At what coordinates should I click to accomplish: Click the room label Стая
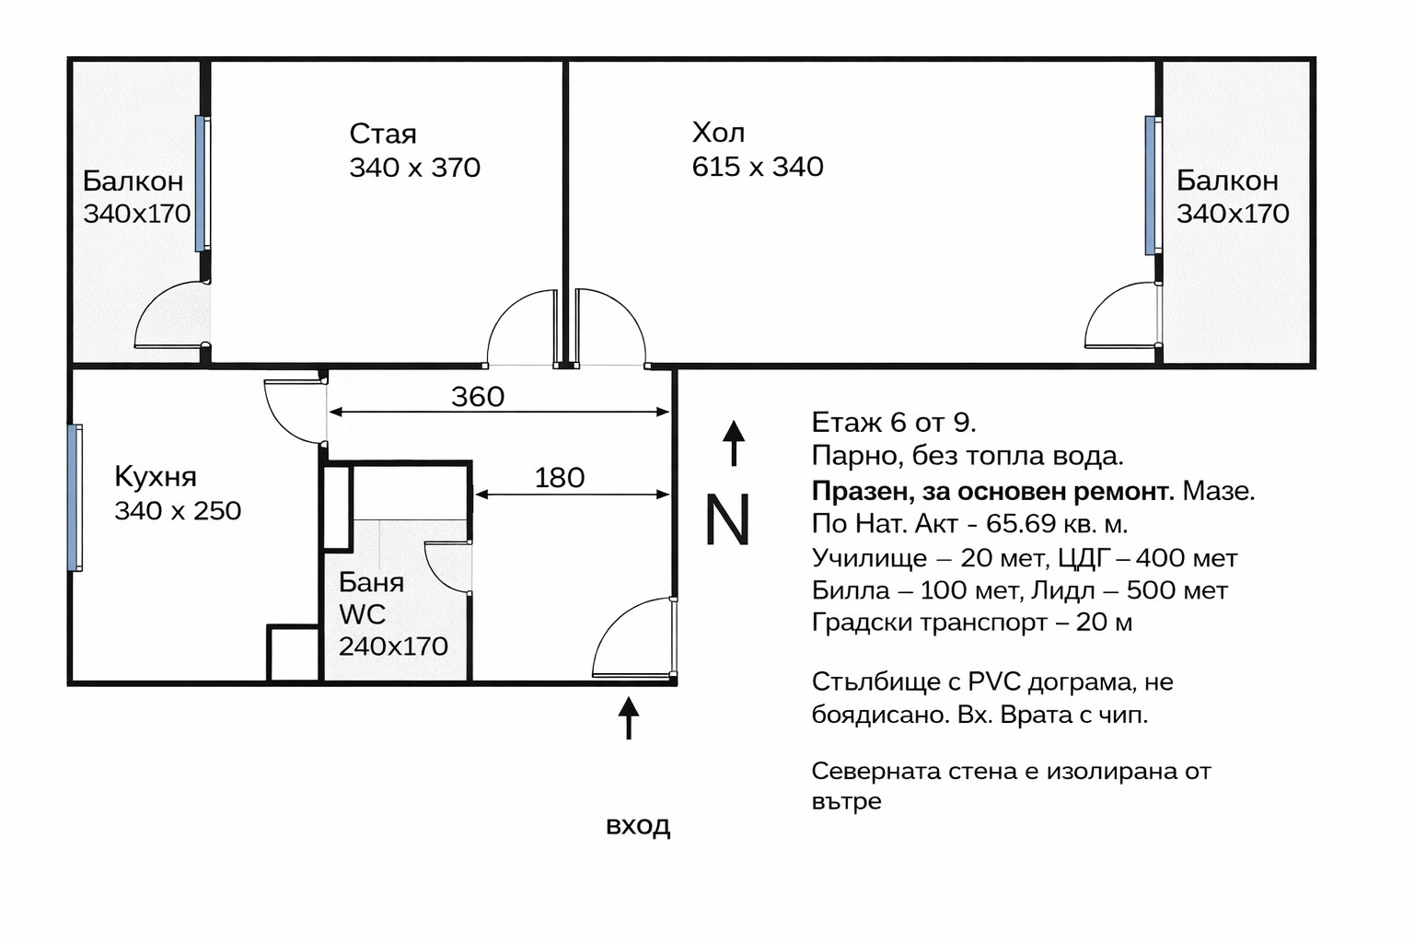pyautogui.click(x=383, y=134)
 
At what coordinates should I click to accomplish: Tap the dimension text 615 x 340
pyautogui.click(x=757, y=167)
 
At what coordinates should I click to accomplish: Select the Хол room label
pyautogui.click(x=718, y=134)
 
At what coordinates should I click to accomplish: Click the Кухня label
pyautogui.click(x=156, y=477)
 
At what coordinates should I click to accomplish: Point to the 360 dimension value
pyautogui.click(x=477, y=397)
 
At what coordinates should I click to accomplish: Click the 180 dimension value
pyautogui.click(x=559, y=478)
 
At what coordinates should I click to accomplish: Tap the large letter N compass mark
pyautogui.click(x=727, y=520)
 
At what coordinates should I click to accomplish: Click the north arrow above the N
pyautogui.click(x=733, y=443)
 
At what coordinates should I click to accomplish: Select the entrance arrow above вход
pyautogui.click(x=629, y=718)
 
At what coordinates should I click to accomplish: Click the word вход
pyautogui.click(x=637, y=825)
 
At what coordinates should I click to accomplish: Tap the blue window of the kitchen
pyautogui.click(x=75, y=497)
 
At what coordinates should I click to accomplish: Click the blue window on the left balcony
pyautogui.click(x=201, y=183)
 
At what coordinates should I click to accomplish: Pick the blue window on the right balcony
pyautogui.click(x=1151, y=185)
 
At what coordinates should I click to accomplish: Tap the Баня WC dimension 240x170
pyautogui.click(x=393, y=646)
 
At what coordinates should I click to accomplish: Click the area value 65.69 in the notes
pyautogui.click(x=1020, y=524)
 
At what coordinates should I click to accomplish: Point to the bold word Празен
pyautogui.click(x=862, y=492)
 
